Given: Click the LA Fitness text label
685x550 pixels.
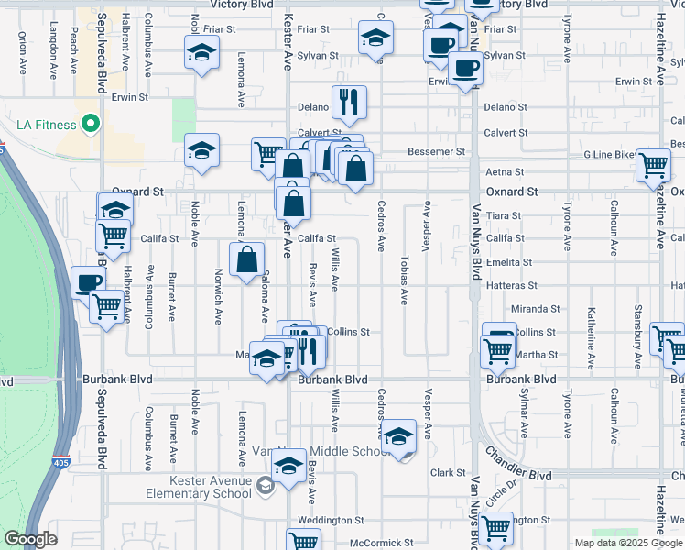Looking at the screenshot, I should [45, 124].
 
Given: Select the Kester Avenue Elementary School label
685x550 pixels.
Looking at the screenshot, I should [197, 487].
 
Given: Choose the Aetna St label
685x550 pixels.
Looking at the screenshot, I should [505, 172].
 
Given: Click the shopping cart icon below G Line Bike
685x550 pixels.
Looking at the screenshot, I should [654, 166].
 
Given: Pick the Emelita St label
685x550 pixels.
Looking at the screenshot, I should [510, 261].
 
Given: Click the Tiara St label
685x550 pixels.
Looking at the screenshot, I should [504, 216].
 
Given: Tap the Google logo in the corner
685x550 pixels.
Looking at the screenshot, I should [30, 539].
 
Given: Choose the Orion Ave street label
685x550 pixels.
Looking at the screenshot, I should [22, 53].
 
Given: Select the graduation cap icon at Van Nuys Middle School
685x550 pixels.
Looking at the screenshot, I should [398, 436].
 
